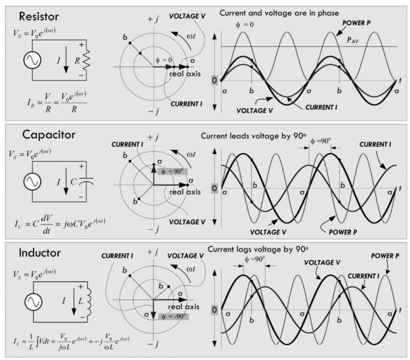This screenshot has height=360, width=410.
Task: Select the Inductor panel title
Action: pyautogui.click(x=33, y=252)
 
